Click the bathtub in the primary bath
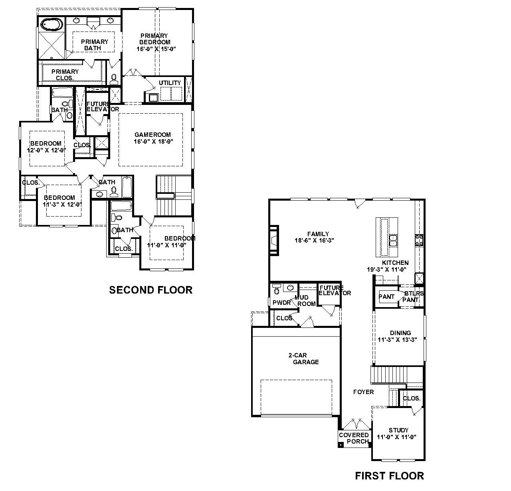(x=52, y=24)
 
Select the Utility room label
(x=170, y=83)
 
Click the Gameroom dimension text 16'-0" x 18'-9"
(x=153, y=142)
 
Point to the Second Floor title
(x=151, y=290)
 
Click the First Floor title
(x=389, y=475)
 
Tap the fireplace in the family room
(x=274, y=240)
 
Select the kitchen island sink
(x=393, y=241)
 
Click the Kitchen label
(x=395, y=262)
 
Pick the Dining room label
(x=400, y=333)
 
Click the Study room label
(x=398, y=430)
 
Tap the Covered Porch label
(x=354, y=438)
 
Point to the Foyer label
(x=363, y=392)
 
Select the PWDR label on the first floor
(x=281, y=303)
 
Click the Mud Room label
(x=306, y=300)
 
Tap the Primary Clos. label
(x=65, y=75)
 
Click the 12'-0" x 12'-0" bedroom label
(x=46, y=147)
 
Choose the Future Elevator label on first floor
(x=335, y=290)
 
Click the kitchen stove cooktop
(x=419, y=239)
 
